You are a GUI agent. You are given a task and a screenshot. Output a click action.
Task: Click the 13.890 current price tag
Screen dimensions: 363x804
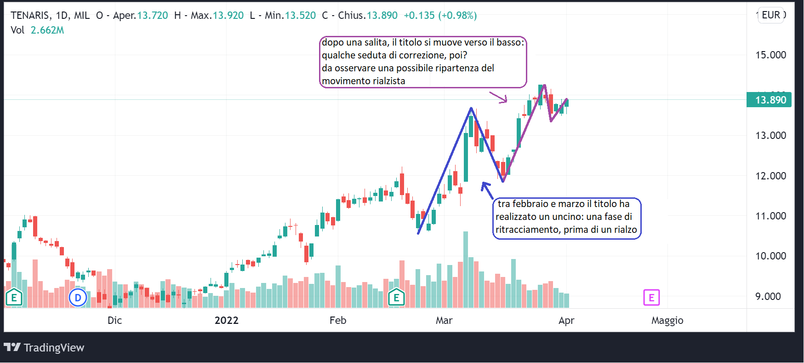tap(770, 100)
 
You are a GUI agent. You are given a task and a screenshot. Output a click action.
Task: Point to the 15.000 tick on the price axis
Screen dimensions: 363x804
tap(770, 55)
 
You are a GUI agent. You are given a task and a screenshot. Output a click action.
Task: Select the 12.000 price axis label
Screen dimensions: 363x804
tap(770, 176)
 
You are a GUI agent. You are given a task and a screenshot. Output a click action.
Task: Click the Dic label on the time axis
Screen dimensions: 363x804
tap(114, 321)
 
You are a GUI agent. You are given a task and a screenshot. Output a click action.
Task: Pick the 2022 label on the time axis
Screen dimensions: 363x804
tap(226, 321)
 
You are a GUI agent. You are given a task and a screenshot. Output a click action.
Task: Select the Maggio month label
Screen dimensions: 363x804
tap(667, 321)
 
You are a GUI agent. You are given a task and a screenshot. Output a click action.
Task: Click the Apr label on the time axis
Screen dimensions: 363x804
tap(566, 321)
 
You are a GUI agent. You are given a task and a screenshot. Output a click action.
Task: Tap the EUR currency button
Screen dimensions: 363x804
tap(771, 15)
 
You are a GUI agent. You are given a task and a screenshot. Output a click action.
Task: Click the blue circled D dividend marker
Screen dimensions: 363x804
tap(78, 298)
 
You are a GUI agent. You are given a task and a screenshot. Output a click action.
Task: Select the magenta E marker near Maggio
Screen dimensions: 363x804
tap(651, 298)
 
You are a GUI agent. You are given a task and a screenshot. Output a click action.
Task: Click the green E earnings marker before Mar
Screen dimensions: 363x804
tap(396, 298)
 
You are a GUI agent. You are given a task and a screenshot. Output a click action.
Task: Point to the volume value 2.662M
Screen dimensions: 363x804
tap(47, 30)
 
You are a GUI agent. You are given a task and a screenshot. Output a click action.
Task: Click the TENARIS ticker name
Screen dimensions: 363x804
tap(30, 16)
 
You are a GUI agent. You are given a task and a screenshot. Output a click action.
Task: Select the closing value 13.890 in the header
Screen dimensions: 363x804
tap(382, 16)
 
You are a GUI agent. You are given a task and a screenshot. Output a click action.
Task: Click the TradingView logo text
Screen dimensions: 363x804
tap(54, 348)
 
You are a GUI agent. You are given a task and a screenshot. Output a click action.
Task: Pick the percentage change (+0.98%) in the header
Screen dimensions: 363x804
tap(457, 16)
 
